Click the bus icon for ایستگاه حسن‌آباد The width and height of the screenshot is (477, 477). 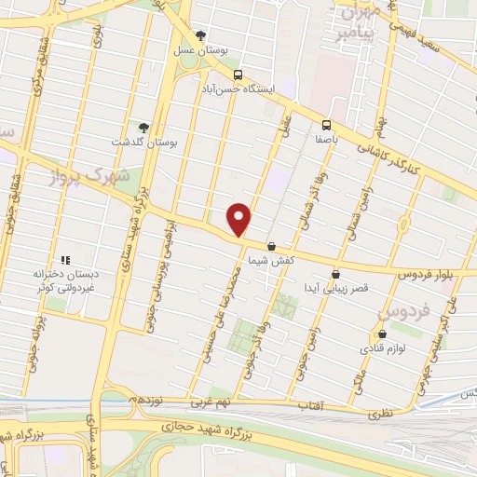(238, 75)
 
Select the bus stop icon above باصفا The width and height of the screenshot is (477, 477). (326, 124)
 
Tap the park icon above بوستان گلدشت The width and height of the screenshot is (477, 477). (143, 128)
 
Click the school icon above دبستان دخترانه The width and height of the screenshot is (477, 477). (65, 260)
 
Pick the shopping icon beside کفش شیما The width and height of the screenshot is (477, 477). (271, 247)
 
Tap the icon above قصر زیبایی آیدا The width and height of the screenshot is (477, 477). (335, 274)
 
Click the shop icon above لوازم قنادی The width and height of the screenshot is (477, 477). (380, 334)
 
